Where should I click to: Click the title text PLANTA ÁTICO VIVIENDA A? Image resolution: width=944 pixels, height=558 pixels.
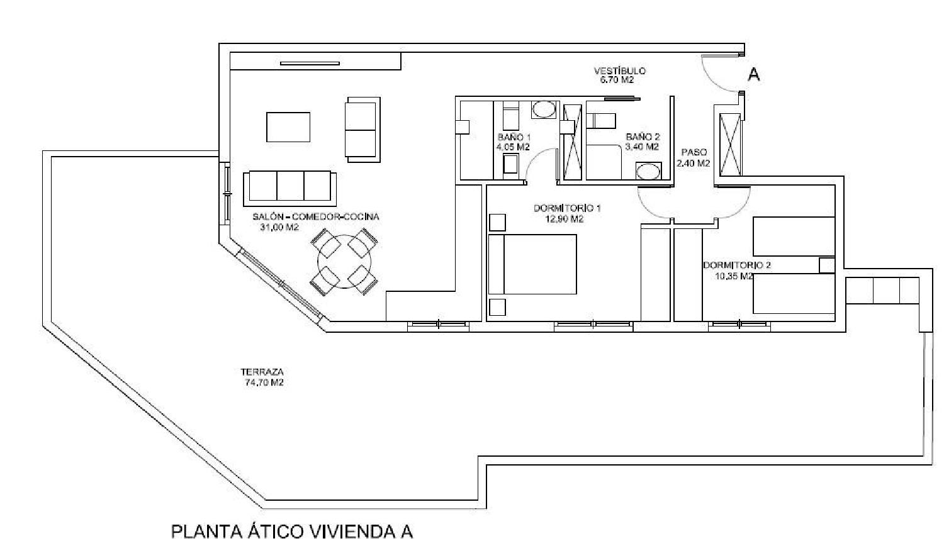coord(292,532)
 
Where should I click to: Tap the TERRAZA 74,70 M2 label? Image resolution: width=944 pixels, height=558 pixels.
coord(262,377)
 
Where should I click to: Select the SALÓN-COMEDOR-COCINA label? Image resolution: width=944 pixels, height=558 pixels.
coord(315,221)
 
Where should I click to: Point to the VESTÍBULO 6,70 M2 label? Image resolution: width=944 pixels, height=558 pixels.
coord(619,75)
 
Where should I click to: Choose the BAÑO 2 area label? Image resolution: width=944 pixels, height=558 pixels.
coord(643,142)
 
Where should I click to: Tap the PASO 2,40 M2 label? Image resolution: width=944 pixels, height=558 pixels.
coord(693,157)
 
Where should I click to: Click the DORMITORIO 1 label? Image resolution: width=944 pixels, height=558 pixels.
coord(566,213)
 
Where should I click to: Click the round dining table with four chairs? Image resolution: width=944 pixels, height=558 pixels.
coord(345,262)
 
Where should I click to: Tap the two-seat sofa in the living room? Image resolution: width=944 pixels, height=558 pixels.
coord(362,128)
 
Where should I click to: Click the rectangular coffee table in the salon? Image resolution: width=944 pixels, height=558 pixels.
coord(288,127)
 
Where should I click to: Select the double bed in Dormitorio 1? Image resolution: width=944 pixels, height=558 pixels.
coord(532,264)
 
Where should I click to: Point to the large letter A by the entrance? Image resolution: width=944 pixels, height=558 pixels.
coord(753,74)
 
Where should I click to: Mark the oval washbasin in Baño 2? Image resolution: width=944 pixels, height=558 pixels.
coord(648,170)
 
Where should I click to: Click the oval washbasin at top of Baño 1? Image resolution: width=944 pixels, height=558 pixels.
coord(544,110)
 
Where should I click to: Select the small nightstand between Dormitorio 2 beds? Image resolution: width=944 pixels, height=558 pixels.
coord(826,265)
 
